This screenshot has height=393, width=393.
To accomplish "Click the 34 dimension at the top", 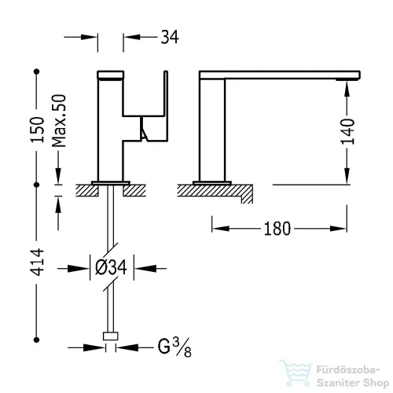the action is (x=170, y=37).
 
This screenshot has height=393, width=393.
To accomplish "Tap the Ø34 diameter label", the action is (x=111, y=267).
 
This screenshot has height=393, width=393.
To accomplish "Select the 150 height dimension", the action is (x=37, y=130).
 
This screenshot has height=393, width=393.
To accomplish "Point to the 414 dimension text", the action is (x=37, y=263).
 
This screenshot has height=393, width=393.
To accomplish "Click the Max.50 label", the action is (x=59, y=120).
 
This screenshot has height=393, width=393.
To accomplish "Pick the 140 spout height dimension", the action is (x=347, y=131).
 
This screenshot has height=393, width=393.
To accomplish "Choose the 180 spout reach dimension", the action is (x=277, y=229).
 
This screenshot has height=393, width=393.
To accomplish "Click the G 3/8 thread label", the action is (x=174, y=347).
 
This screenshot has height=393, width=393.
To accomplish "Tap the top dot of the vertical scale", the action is (x=37, y=72).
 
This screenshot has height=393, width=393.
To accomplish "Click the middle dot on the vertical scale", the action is (x=37, y=185).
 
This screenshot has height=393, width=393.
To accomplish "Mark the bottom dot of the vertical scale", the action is (x=37, y=340).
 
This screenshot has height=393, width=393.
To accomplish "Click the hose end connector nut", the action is (x=111, y=336).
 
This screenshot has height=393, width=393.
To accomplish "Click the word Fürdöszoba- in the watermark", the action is (x=348, y=370).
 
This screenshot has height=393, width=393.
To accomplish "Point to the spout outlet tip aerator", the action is (x=347, y=79).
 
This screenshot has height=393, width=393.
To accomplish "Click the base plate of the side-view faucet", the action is (x=212, y=182).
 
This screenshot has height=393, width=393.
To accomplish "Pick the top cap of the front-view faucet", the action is (x=111, y=75).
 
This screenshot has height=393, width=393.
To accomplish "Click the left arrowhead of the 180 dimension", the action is (x=221, y=229).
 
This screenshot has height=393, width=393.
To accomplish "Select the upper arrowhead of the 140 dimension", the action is (x=347, y=89).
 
